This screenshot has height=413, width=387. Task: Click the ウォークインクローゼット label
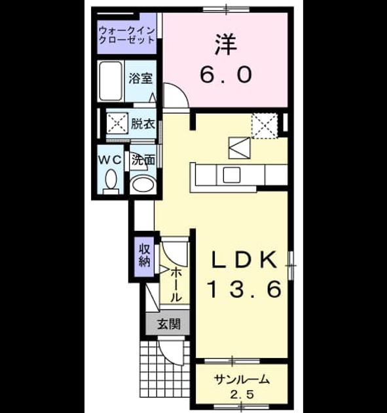tap(126, 35)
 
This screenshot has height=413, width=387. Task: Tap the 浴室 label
tap(141, 78)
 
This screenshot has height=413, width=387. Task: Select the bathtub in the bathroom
tap(111, 81)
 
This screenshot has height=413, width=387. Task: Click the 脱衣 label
tap(143, 123)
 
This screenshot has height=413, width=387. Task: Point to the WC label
tap(110, 159)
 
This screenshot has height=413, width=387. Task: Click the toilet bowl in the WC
tap(111, 179)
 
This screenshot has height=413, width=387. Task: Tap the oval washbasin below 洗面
tap(143, 184)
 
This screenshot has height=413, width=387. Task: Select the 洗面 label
tap(143, 160)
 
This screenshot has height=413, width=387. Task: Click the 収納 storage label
tap(145, 255)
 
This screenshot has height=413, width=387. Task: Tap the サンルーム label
tap(242, 380)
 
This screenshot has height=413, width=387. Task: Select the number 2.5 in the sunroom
tap(242, 394)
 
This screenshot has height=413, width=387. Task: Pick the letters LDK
tap(244, 260)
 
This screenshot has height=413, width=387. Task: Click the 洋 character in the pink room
tap(226, 45)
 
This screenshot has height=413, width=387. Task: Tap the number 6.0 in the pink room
tap(226, 74)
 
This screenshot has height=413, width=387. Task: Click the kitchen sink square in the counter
tap(232, 174)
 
